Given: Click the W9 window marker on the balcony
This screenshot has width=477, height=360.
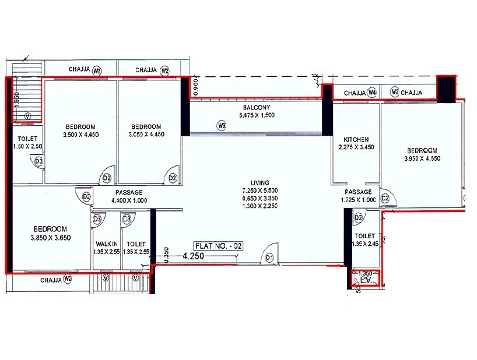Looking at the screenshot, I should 221,125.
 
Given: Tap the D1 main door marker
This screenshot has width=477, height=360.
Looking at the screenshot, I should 269,257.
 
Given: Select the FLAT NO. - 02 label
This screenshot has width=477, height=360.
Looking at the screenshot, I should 219,246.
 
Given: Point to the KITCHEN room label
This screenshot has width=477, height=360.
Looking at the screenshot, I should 356,140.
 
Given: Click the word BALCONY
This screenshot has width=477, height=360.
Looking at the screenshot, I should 257,108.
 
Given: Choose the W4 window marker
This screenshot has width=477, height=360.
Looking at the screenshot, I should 372,93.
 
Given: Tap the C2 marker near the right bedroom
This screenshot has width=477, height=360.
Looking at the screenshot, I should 385,198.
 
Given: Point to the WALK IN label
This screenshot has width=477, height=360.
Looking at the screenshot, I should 107,244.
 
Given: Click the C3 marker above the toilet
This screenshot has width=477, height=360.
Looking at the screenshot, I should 127,218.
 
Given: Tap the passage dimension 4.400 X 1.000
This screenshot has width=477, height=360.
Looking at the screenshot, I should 129,200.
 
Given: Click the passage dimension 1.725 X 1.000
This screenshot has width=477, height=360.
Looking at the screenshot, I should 357,200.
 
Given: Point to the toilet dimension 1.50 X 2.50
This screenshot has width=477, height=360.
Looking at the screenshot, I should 24,146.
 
